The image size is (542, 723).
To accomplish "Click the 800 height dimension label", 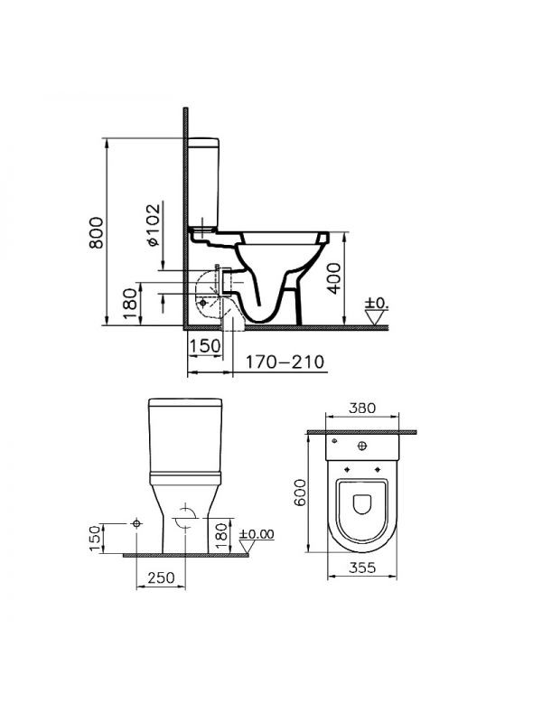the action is point(97,232).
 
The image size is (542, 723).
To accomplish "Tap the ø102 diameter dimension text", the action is point(154,224).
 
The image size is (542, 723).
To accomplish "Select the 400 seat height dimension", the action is point(334,278).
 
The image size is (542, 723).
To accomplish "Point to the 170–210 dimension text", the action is point(285,362).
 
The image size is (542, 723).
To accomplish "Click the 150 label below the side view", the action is point(205,346).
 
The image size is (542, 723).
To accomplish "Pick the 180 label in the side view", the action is point(130,304).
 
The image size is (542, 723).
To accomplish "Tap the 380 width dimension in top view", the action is point(362,408).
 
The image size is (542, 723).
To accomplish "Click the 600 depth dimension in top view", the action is point(300,493).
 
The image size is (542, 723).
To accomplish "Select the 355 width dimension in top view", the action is point(362,568).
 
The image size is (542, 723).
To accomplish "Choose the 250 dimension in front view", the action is point(162,577).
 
